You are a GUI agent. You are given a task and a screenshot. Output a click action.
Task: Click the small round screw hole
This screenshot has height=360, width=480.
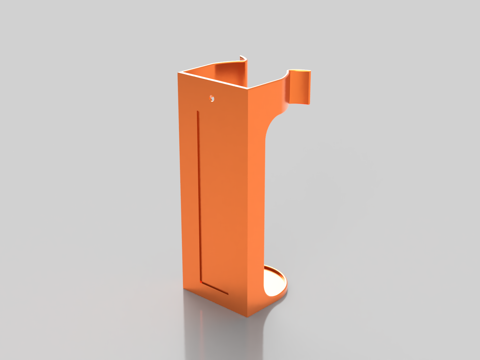(x=211, y=98)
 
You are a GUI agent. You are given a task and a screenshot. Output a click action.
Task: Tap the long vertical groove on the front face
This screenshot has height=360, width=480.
(x=199, y=197)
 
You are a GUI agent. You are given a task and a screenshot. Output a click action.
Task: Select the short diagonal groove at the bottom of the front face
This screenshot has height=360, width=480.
(x=215, y=289)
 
